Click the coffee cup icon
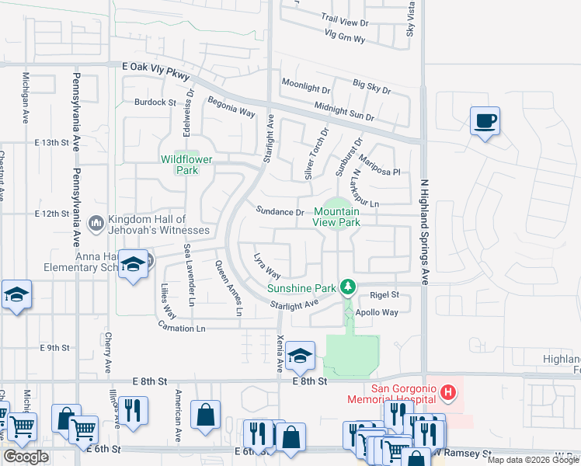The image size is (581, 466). tap(485, 121)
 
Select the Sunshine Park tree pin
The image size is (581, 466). tap(349, 287)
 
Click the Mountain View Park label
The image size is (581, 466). tap(336, 217)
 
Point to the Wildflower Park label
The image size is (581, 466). tap(181, 165)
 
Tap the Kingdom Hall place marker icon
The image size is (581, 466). tap(96, 224)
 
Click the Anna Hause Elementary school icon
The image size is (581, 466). tap(133, 266)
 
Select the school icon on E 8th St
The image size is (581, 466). tap(300, 356)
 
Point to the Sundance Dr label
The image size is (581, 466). tap(280, 211)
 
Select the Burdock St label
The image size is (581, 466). tap(155, 102)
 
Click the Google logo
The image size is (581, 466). tap(26, 457)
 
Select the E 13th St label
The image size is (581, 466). tap(52, 143)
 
